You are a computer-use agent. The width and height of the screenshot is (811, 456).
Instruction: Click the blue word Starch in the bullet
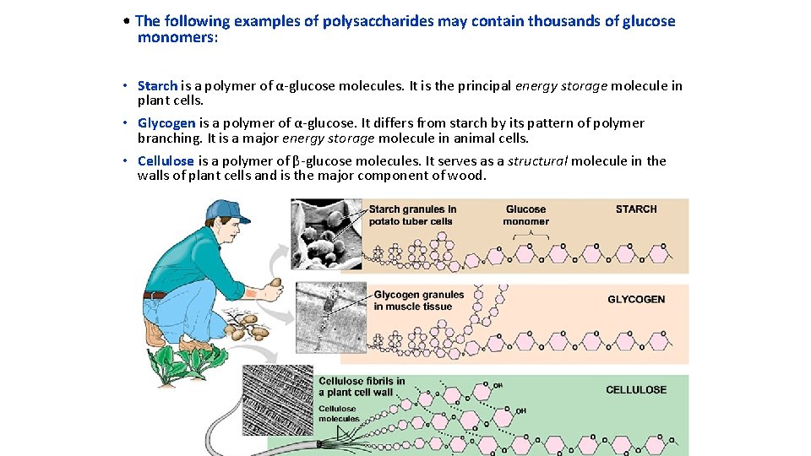[x=157, y=85]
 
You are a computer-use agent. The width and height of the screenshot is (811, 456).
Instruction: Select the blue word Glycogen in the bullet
[x=166, y=123]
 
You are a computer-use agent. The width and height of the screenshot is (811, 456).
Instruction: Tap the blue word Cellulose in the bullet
[x=166, y=161]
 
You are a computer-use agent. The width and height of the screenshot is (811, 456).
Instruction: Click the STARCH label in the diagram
[x=636, y=209]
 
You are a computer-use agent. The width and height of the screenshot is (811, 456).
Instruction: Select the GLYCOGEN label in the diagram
[x=636, y=299]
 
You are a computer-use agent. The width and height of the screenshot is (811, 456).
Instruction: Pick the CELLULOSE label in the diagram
[x=636, y=390]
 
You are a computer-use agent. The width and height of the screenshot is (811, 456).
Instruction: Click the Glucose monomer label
[x=525, y=215]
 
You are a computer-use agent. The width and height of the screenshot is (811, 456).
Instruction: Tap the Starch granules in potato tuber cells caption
[x=412, y=215]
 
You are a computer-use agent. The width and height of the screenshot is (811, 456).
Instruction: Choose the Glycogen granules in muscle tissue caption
[x=418, y=301]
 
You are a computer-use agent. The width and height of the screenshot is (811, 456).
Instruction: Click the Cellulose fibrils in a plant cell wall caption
[x=362, y=387]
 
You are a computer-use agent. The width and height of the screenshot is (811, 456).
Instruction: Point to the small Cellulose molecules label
[x=338, y=414]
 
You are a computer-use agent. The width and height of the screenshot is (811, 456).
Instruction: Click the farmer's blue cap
[x=226, y=210]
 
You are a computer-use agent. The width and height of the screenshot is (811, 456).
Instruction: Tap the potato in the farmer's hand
[x=275, y=283]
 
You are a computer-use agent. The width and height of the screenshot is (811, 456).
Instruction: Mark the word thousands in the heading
[x=563, y=21]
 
